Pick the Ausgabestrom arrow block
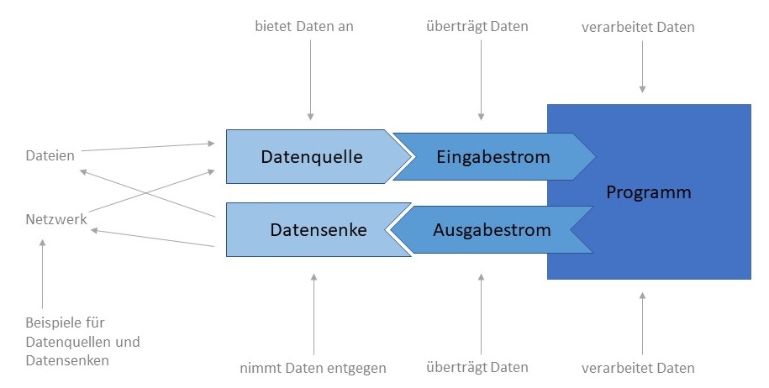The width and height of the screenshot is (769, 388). coord(492,229)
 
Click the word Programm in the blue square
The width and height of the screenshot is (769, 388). coord(648,192)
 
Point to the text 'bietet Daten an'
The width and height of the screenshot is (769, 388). coord(304,26)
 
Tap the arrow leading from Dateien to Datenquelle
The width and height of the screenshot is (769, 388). coord(147,148)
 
